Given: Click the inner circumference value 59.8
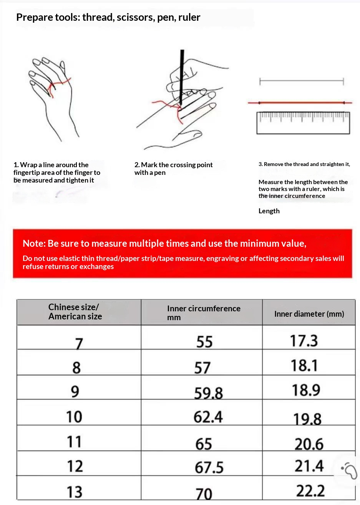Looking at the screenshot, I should click(x=208, y=393).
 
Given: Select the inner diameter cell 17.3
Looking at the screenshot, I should click(x=304, y=341).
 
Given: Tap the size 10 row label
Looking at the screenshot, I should click(x=74, y=417).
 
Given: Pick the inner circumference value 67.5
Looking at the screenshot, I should click(x=209, y=467).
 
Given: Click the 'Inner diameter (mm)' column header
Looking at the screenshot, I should click(x=309, y=314).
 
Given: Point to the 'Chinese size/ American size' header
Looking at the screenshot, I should click(x=75, y=312).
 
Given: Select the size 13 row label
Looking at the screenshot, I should click(x=74, y=492).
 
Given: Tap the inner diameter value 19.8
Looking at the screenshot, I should click(x=307, y=419).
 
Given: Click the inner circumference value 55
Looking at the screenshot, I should click(x=204, y=342).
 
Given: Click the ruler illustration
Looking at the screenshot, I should click(x=303, y=123).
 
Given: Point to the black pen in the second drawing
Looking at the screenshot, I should click(x=181, y=77).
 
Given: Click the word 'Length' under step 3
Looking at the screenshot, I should click(x=269, y=211).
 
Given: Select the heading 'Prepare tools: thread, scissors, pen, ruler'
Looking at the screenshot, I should click(x=108, y=17).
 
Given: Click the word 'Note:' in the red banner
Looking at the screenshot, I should click(x=34, y=243).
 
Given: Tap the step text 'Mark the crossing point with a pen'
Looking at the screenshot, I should click(x=173, y=169).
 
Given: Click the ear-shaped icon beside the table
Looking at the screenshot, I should click(x=350, y=470).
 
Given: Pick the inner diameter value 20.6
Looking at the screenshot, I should click(x=309, y=444).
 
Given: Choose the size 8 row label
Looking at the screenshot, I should click(x=76, y=368).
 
